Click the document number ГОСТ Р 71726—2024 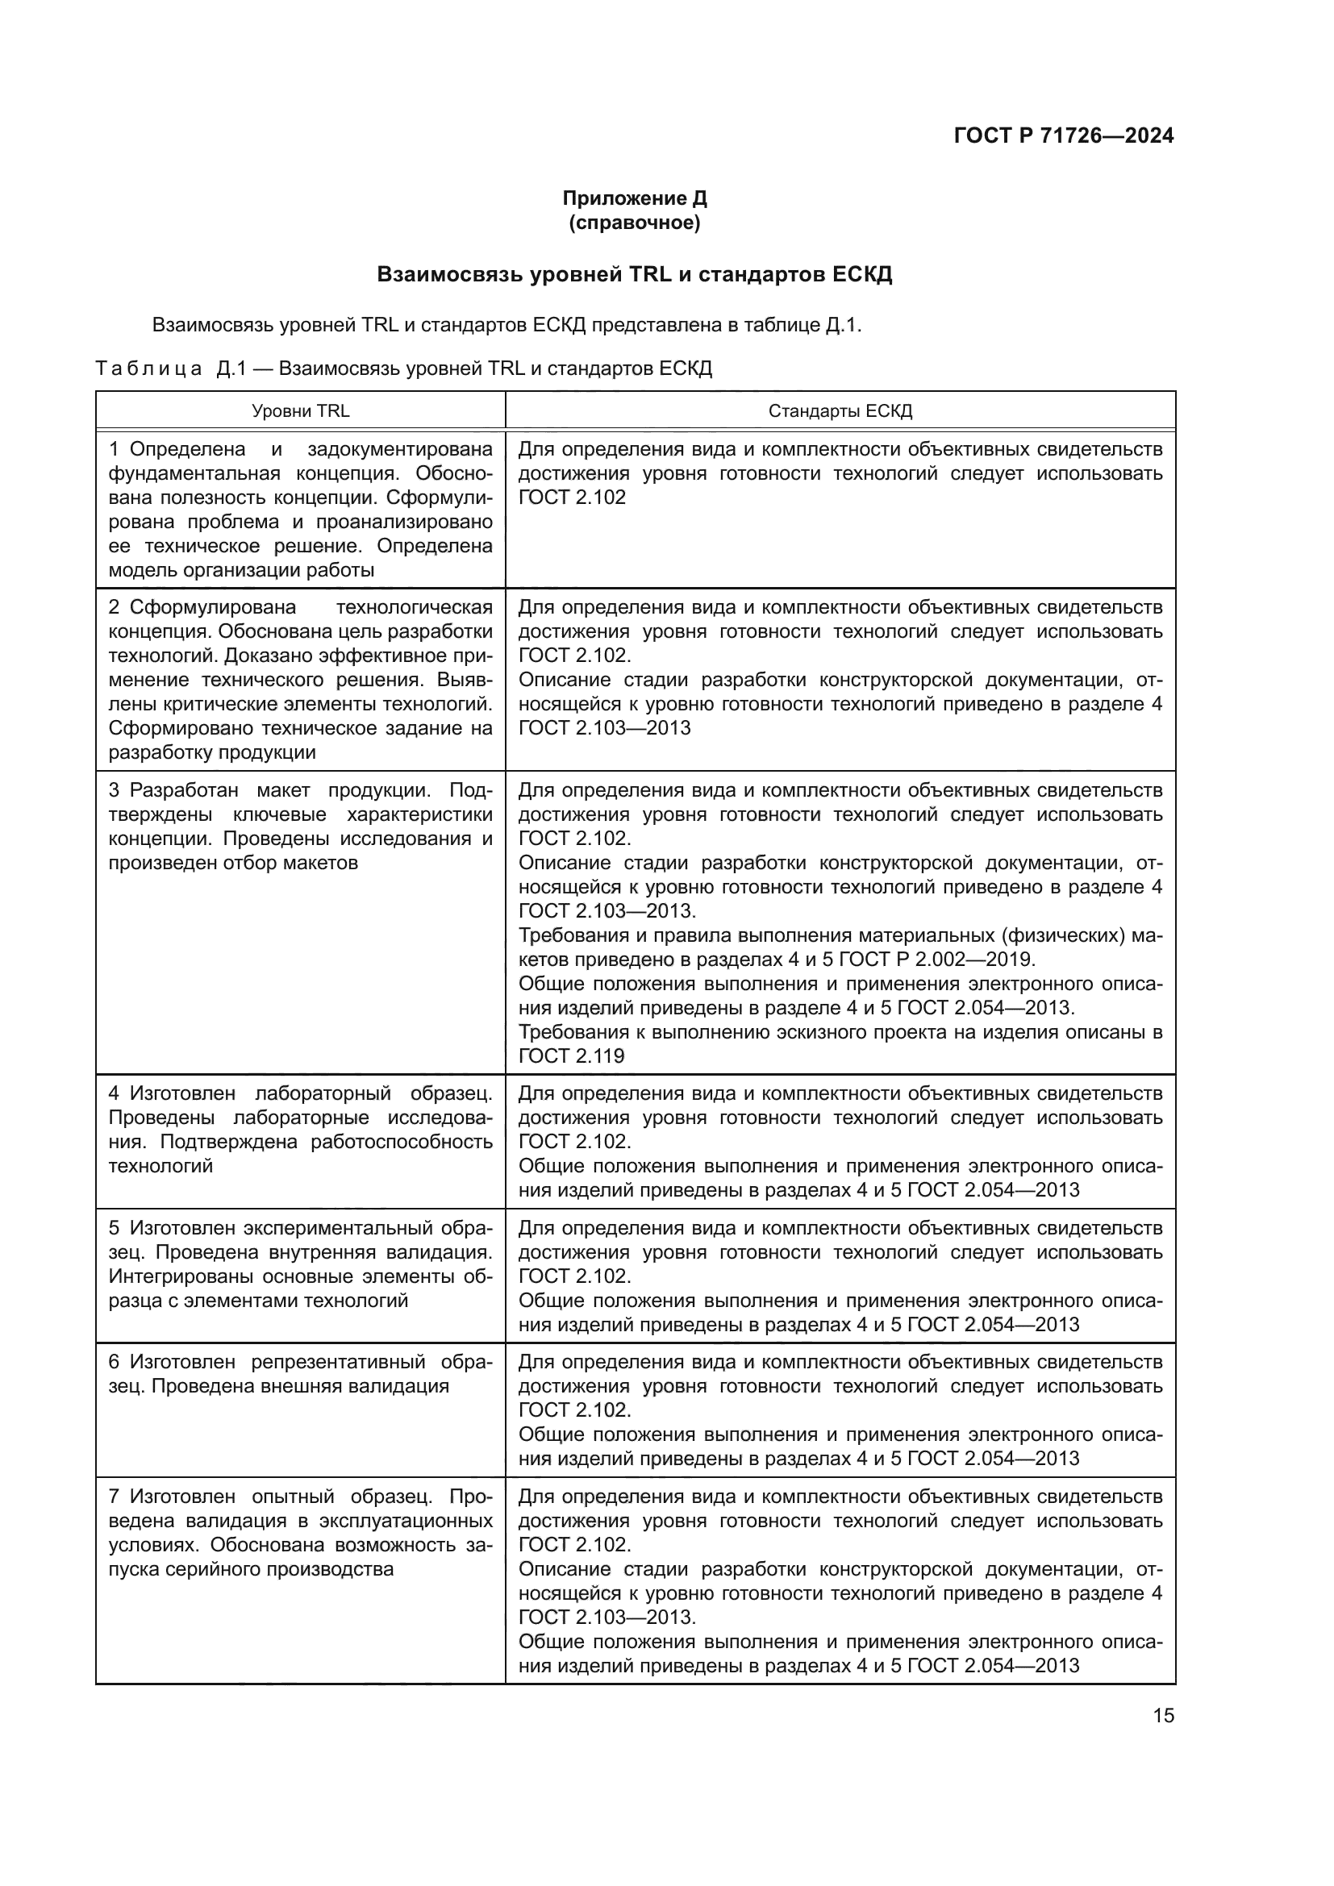coord(1063,135)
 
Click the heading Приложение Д coord(634,198)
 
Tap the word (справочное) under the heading coord(634,223)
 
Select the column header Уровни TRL coord(300,410)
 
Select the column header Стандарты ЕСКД coord(840,410)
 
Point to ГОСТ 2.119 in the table coord(571,1056)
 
